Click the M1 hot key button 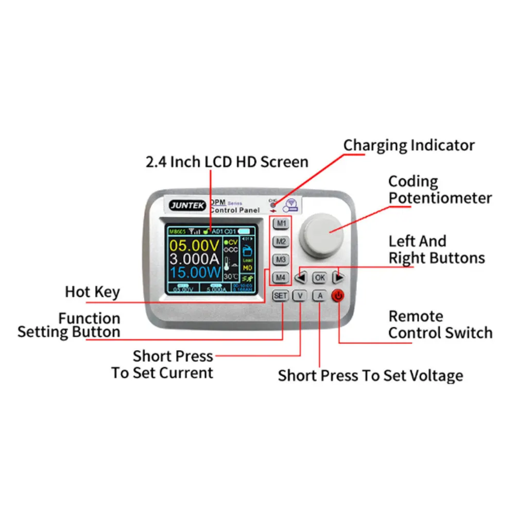[280, 224]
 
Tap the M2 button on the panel [280, 242]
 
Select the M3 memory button [280, 260]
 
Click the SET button [280, 296]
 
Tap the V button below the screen [300, 296]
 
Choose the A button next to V [319, 296]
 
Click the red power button [338, 296]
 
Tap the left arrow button [301, 278]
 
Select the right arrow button [338, 278]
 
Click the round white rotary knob [323, 230]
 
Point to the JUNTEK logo [187, 205]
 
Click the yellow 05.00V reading [195, 244]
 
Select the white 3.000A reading [195, 258]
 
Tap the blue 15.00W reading [195, 271]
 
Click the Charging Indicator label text [409, 145]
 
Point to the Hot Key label [92, 292]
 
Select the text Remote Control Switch [440, 324]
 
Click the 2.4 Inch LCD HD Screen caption [227, 162]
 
